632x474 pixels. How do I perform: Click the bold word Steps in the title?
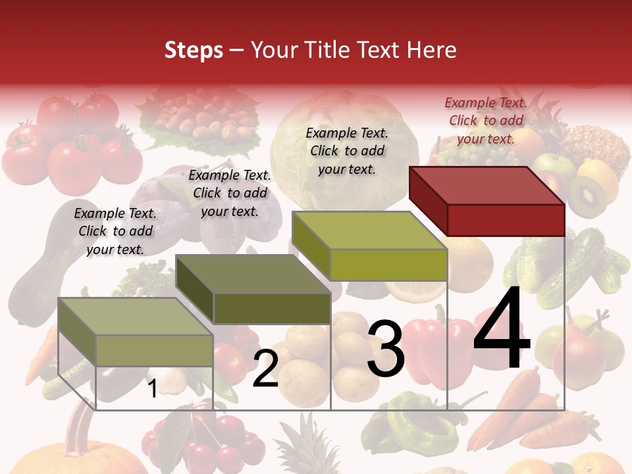pyautogui.click(x=194, y=50)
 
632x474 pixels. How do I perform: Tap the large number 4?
pyautogui.click(x=502, y=329)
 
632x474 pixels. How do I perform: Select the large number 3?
pyautogui.click(x=386, y=349)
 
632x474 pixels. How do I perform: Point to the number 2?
pyautogui.click(x=265, y=369)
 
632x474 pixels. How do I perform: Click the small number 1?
pyautogui.click(x=152, y=388)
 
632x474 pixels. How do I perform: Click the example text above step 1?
pyautogui.click(x=115, y=231)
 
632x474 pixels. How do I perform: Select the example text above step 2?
pyautogui.click(x=230, y=193)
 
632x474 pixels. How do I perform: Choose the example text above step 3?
pyautogui.click(x=347, y=151)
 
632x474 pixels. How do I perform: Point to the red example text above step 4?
pyautogui.click(x=486, y=120)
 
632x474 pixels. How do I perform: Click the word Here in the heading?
pyautogui.click(x=431, y=50)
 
